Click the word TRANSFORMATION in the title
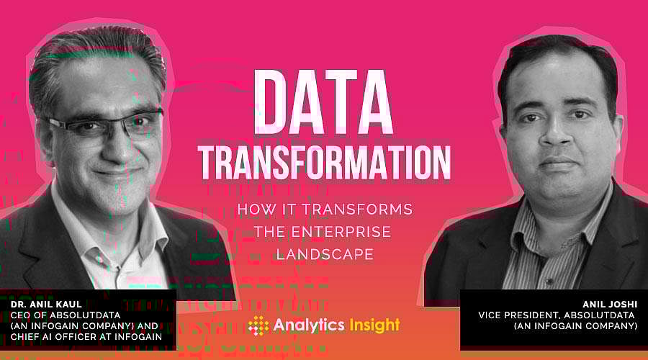325,159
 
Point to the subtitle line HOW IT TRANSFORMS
325,210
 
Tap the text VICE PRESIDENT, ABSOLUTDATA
558,314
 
